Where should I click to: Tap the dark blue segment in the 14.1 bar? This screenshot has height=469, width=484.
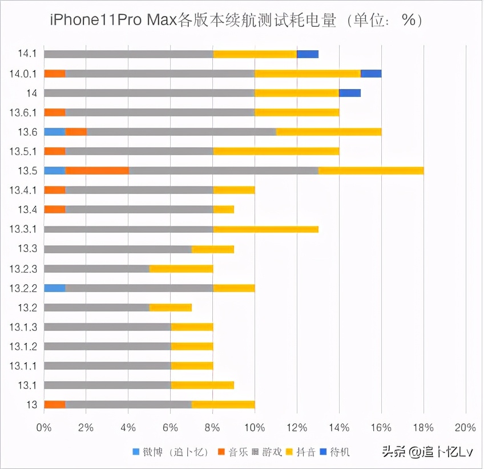click(308, 54)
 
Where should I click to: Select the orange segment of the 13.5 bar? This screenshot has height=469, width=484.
click(97, 171)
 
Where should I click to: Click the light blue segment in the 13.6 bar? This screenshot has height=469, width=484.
click(55, 132)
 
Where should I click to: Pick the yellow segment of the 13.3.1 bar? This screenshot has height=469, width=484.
click(265, 229)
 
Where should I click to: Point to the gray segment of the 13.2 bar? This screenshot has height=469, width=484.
click(96, 308)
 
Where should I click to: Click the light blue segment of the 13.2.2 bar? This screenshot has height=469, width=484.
click(55, 288)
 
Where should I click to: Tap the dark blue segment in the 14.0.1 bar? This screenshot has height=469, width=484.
click(371, 74)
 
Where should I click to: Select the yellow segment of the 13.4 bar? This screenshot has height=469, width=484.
click(223, 209)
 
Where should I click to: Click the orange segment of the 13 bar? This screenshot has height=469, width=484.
click(55, 405)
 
